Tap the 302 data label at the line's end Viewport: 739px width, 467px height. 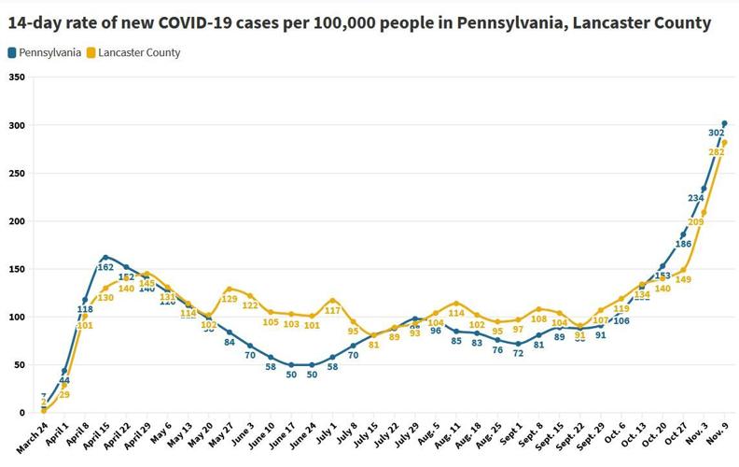tap(716, 134)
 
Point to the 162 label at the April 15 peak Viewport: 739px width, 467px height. tap(107, 267)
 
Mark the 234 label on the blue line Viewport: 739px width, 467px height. tap(695, 198)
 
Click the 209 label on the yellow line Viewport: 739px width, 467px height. tap(696, 222)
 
